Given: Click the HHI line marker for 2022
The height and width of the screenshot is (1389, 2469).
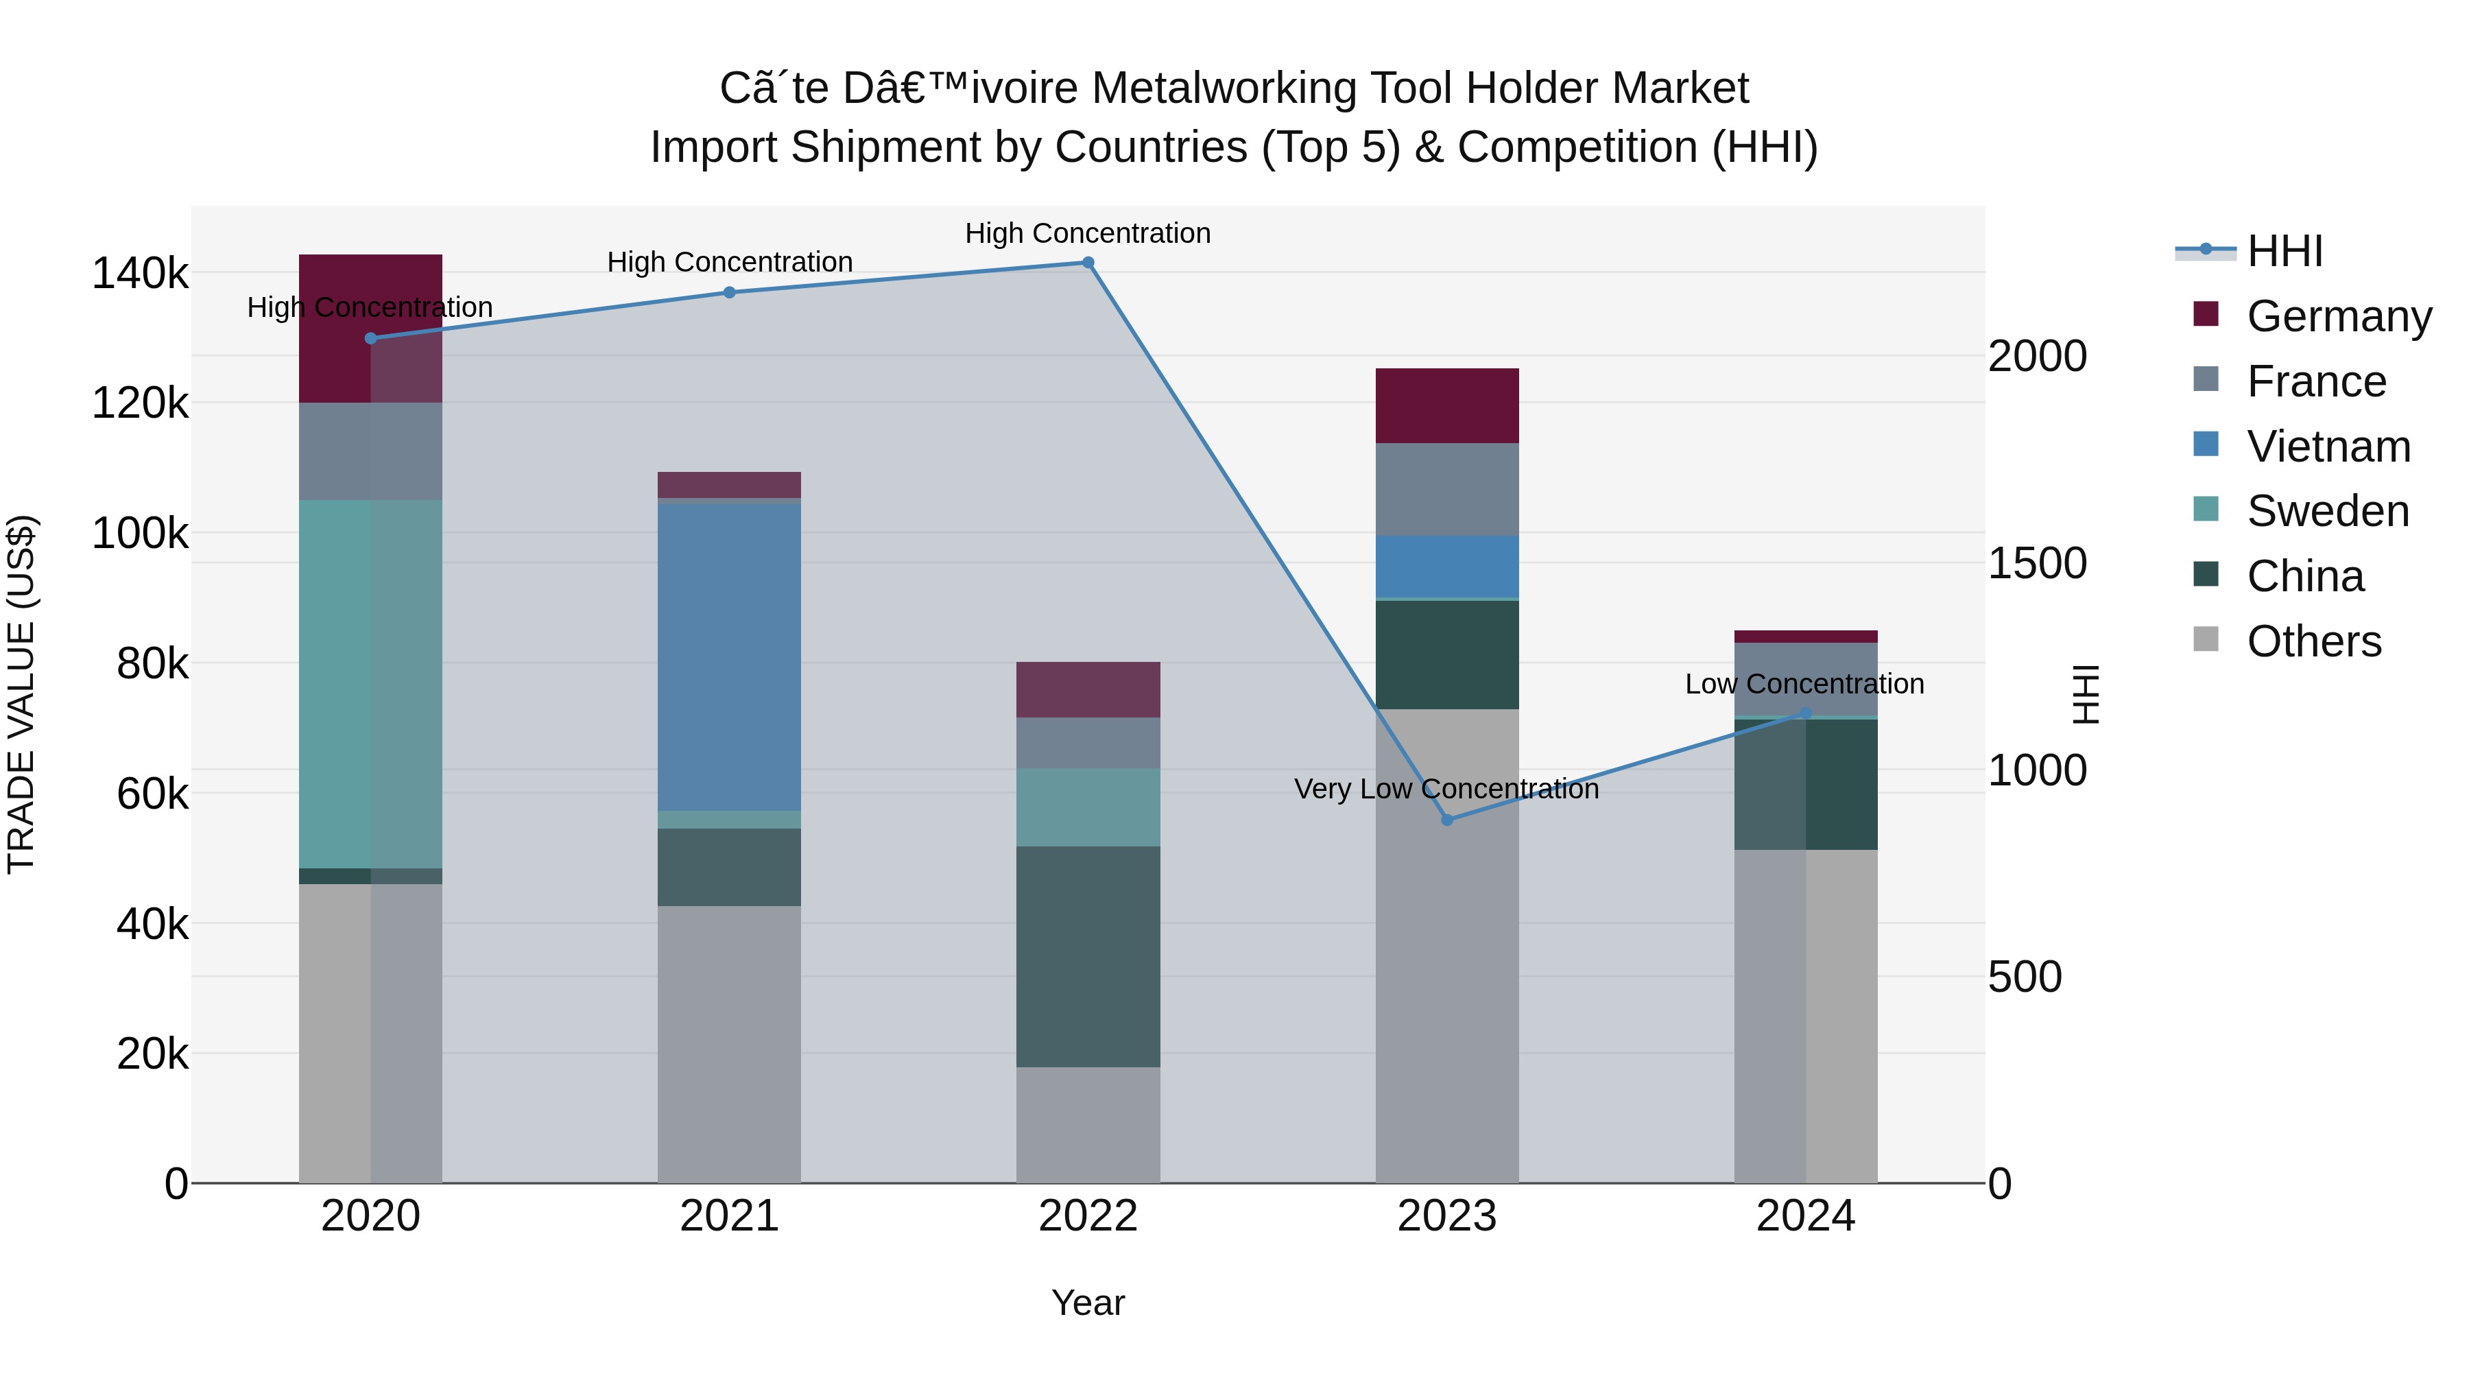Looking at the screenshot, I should (x=1088, y=263).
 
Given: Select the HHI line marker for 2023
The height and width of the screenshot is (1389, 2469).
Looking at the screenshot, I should (x=1447, y=820).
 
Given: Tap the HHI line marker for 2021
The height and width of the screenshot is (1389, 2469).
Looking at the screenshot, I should (x=730, y=292).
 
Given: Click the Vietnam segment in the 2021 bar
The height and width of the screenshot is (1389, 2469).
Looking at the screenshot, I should (x=730, y=656).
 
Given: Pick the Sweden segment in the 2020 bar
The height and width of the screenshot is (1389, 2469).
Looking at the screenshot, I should (x=371, y=683).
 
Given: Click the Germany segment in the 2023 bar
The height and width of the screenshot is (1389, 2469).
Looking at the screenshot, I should (x=1447, y=405).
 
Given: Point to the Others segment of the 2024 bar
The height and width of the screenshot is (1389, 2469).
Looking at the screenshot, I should (x=1806, y=1016).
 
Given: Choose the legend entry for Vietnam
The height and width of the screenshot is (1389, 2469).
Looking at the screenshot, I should (x=2327, y=447).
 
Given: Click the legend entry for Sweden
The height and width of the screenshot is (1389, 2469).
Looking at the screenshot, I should (x=2327, y=511).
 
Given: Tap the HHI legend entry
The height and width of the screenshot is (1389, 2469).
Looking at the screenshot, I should (x=2284, y=251).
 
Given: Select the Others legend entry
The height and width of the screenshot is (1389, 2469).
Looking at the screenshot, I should (x=2313, y=641).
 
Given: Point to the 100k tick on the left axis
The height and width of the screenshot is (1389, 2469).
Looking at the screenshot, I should (x=140, y=533).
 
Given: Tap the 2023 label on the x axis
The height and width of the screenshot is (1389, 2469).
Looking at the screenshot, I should (x=1447, y=1216).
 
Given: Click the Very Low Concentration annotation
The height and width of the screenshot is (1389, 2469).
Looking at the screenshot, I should (x=1446, y=789).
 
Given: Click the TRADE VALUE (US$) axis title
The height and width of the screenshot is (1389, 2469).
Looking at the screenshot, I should (x=21, y=694).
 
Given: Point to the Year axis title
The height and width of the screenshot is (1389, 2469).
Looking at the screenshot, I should (x=1088, y=1303).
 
